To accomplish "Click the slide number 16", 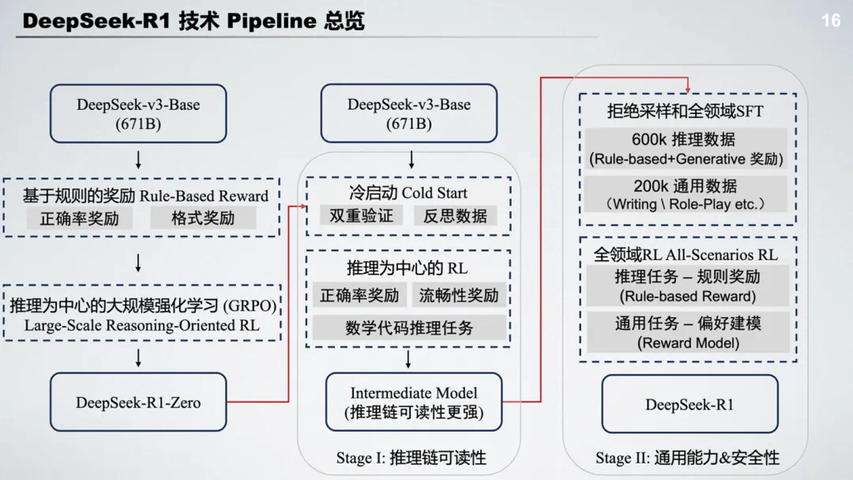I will pyautogui.click(x=831, y=21).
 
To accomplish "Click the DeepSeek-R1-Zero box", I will pyautogui.click(x=138, y=403).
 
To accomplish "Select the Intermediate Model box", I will pyautogui.click(x=414, y=402).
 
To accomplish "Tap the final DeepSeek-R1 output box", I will pyautogui.click(x=690, y=404).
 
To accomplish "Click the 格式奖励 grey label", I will pyautogui.click(x=203, y=218).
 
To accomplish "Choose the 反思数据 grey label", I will pyautogui.click(x=455, y=215).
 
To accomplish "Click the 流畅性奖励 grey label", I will pyautogui.click(x=459, y=296).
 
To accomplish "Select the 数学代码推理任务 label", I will pyautogui.click(x=408, y=327).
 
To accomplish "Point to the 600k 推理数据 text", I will pyautogui.click(x=684, y=139).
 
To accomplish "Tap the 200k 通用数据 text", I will pyautogui.click(x=685, y=186).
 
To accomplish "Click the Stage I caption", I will pyautogui.click(x=411, y=458).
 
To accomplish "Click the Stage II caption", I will pyautogui.click(x=687, y=458).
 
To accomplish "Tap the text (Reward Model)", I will pyautogui.click(x=688, y=343).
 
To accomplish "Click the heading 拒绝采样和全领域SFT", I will pyautogui.click(x=685, y=111).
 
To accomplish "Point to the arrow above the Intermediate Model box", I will pyautogui.click(x=408, y=360).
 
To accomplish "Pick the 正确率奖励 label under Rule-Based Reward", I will pyautogui.click(x=79, y=218).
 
